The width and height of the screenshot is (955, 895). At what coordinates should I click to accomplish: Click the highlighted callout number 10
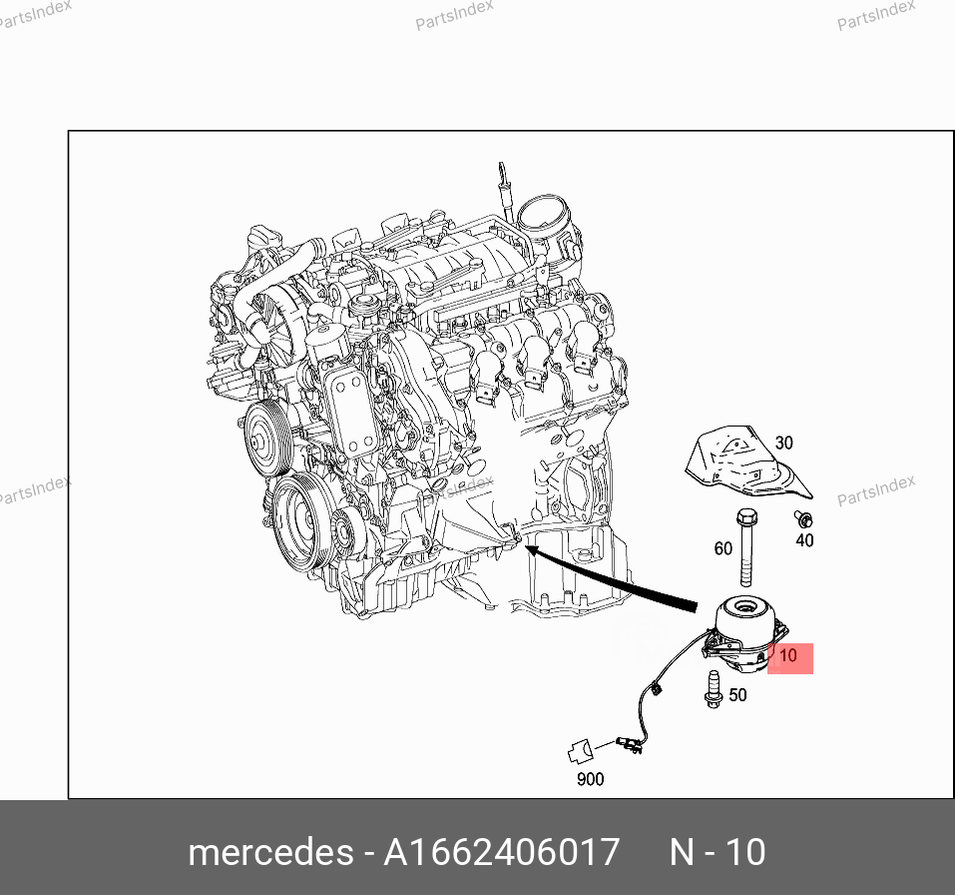788,657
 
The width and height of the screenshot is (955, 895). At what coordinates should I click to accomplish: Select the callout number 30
783,443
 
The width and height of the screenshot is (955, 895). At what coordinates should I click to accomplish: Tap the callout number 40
804,540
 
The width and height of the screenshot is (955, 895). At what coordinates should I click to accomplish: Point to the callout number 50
737,694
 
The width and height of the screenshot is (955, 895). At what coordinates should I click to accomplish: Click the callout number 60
722,548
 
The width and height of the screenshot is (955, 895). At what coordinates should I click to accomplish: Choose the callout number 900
590,779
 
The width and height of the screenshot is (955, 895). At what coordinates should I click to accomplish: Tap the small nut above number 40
802,518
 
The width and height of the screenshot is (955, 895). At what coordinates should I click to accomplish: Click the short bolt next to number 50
714,689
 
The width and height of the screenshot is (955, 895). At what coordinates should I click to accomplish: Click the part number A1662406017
502,852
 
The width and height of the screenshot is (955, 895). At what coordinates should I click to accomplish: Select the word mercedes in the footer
269,852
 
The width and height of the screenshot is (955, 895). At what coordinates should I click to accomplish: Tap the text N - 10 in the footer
716,852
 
